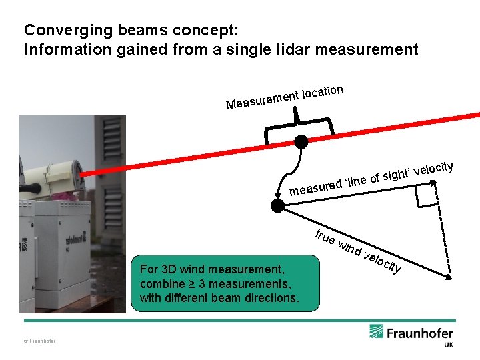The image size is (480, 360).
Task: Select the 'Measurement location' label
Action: pyautogui.click(x=285, y=97)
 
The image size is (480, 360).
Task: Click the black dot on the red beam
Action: pyautogui.click(x=301, y=141)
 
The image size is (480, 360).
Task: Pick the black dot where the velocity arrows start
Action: pyautogui.click(x=278, y=206)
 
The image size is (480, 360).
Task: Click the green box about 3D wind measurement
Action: pyautogui.click(x=226, y=283)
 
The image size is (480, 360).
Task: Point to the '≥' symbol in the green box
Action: pyautogui.click(x=189, y=284)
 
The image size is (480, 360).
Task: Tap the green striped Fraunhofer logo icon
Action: pyautogui.click(x=377, y=331)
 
